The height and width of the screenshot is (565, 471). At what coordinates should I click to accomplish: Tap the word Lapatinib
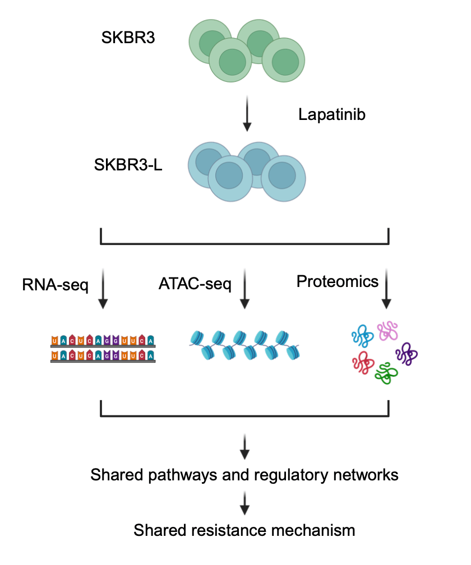331,115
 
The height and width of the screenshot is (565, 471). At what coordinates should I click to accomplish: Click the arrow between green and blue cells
245,115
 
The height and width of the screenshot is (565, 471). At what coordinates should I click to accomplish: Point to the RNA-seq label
55,285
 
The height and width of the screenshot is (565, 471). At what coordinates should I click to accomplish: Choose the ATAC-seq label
195,284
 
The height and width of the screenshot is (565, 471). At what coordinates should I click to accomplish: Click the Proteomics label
338,281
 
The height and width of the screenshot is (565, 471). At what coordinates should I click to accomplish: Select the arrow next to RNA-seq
103,289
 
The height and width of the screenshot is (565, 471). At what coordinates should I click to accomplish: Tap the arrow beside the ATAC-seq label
244,289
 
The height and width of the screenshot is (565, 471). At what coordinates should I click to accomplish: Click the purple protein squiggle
407,354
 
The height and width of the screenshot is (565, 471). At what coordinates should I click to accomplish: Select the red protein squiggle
363,363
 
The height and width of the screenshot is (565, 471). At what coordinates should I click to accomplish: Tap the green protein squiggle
386,372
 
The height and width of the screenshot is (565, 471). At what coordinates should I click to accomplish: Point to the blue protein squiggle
362,337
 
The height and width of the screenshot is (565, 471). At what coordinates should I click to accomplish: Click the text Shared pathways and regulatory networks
244,475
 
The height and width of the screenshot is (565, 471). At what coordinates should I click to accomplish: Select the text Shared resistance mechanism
244,530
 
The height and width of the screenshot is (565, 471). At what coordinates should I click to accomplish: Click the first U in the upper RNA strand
54,341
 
